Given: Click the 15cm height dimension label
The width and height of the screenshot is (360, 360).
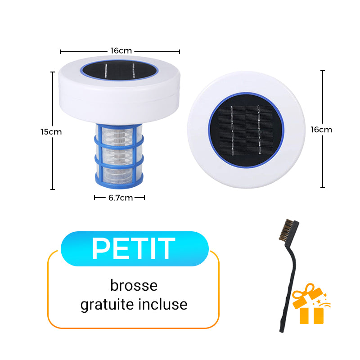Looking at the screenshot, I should (x=51, y=132).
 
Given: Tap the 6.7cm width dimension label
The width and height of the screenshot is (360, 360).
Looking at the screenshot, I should (x=120, y=198).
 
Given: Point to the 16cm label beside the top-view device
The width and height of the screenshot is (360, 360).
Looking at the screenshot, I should (x=321, y=130).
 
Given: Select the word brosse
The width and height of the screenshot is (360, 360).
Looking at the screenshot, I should (x=134, y=285).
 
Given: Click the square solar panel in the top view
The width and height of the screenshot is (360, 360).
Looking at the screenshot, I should (x=246, y=130).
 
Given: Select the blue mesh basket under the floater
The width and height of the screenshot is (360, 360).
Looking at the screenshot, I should (x=119, y=153).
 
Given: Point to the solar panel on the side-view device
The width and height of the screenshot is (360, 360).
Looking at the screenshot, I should (x=119, y=70).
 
